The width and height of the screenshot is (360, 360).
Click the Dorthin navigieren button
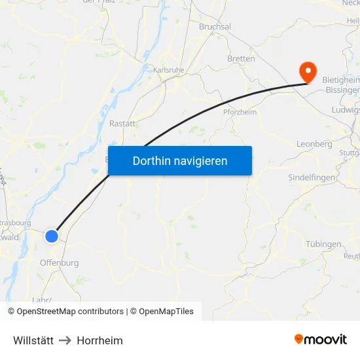point(179,160)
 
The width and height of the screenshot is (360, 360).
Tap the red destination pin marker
point(306,71)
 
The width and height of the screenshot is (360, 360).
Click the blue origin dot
point(52,236)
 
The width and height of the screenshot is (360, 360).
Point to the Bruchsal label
point(215,26)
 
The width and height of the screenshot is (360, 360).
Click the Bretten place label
point(241,58)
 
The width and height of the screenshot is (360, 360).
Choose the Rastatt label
point(122,123)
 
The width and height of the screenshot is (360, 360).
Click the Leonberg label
point(314,144)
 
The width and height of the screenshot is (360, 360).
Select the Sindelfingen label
point(312,177)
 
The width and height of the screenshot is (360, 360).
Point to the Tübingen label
point(323,244)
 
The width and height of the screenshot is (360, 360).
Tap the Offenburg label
point(59,262)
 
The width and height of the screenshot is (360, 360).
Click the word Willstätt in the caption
point(33,340)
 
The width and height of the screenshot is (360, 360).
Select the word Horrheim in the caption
point(99,340)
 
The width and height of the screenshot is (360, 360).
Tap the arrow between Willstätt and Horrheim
point(65,340)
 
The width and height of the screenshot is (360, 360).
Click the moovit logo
point(321,339)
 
